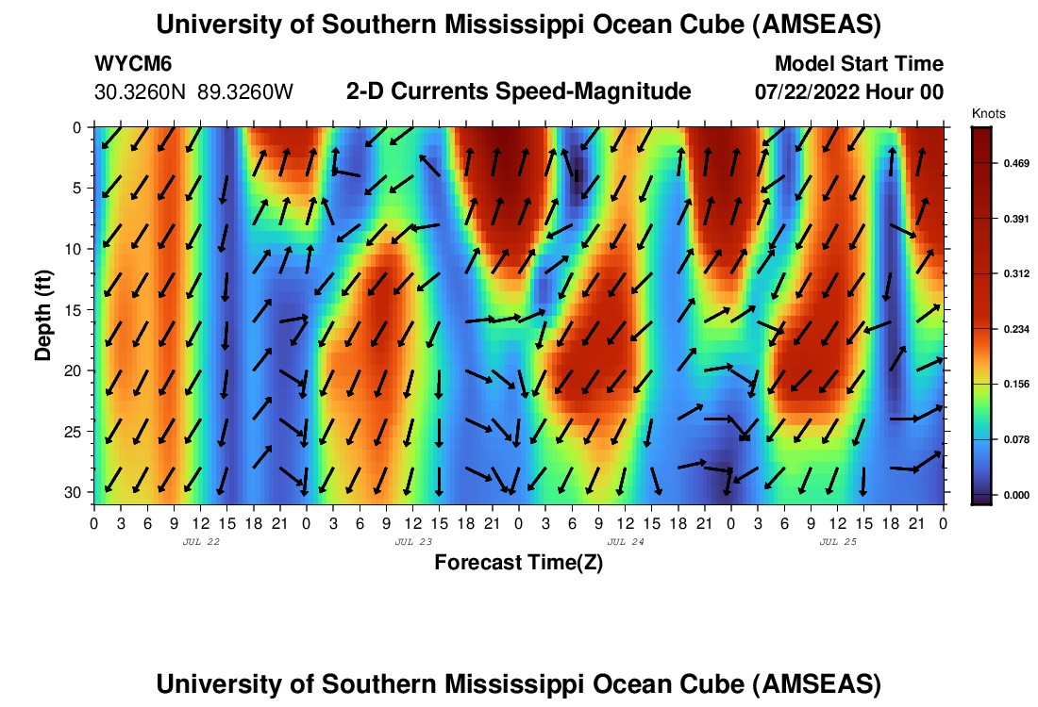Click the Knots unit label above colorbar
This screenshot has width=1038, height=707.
coord(989,114)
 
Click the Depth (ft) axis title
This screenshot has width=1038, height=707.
coord(43,315)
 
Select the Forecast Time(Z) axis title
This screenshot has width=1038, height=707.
coord(518,563)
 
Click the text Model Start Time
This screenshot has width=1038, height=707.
coord(859,64)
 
